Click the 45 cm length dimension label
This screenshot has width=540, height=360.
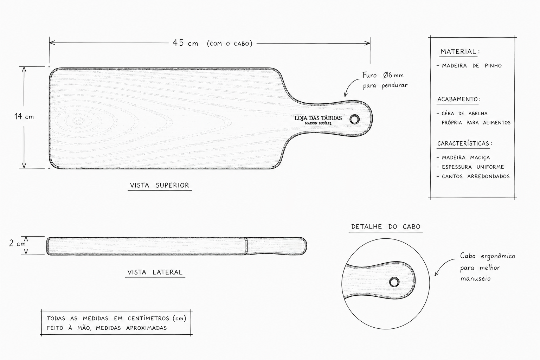pos(185,43)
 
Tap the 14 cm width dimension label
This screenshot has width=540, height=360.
pos(24,117)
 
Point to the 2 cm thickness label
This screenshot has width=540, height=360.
pos(17,244)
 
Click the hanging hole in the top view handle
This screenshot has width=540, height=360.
pos(355,119)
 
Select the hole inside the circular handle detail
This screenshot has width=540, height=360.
pos(394,282)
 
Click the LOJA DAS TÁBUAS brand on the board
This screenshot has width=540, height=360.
pos(318,118)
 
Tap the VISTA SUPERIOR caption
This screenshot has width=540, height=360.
pos(160,185)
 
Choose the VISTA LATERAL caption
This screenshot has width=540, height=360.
pos(155,272)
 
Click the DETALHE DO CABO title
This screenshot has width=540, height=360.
pos(386,227)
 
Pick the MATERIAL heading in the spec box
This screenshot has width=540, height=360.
pos(458,52)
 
